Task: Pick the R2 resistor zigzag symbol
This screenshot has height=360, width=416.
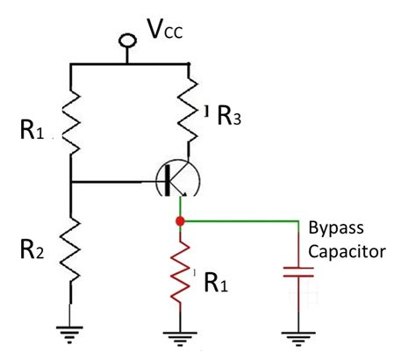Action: click(x=69, y=248)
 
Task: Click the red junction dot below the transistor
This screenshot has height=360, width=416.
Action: click(x=179, y=221)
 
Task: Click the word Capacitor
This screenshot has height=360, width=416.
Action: click(x=348, y=251)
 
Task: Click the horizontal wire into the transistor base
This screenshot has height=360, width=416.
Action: click(x=114, y=183)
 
